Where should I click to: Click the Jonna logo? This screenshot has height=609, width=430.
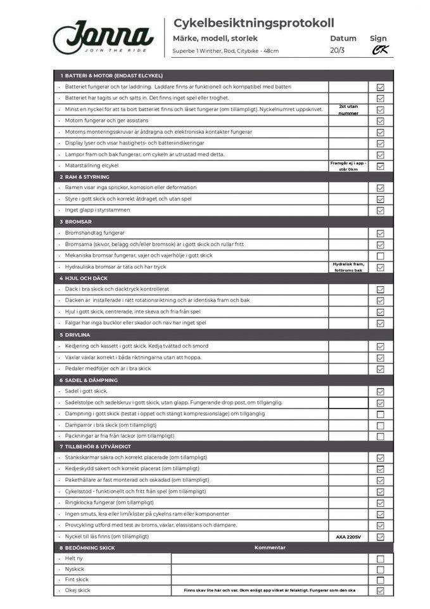click(103, 37)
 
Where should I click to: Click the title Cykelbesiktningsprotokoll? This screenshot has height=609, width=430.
click(253, 23)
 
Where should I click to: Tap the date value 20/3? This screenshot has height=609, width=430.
click(337, 51)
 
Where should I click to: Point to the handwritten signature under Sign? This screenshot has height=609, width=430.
click(379, 51)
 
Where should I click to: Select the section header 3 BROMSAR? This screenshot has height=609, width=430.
click(79, 221)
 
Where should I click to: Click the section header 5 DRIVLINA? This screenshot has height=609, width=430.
click(79, 335)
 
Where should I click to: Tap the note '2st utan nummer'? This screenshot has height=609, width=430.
click(348, 110)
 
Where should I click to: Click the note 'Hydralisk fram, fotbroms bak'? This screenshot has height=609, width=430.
click(348, 267)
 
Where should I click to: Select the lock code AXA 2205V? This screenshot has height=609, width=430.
click(348, 537)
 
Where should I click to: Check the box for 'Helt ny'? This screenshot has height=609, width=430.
click(380, 559)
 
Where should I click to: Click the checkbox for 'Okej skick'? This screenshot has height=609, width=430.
click(380, 591)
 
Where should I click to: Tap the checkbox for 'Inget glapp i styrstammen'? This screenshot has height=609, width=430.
click(380, 210)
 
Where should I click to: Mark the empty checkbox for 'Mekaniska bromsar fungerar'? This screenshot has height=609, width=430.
click(380, 256)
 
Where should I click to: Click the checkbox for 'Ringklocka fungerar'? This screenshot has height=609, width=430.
click(380, 502)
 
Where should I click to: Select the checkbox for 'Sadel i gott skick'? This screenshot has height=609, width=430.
click(380, 391)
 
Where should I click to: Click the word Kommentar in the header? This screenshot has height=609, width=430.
click(270, 547)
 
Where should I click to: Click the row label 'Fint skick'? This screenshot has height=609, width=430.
click(77, 579)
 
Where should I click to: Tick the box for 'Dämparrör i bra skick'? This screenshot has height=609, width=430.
click(380, 425)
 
